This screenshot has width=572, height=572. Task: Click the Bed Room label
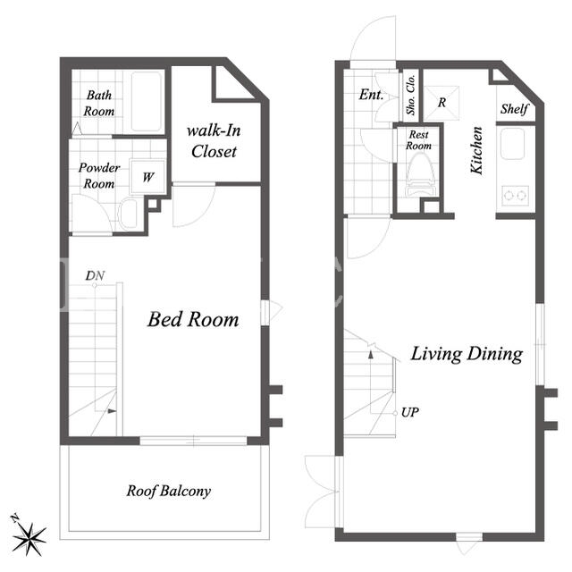tap(193, 320)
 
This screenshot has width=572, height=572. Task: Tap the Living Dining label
tap(467, 354)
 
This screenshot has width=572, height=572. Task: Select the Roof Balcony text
tap(169, 491)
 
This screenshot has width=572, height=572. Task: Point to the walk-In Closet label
tap(214, 141)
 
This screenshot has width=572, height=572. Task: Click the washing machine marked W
tap(147, 177)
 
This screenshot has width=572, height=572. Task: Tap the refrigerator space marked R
tap(442, 103)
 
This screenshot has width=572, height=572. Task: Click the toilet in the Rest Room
tap(420, 175)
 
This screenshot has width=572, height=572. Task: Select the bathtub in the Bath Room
tap(146, 101)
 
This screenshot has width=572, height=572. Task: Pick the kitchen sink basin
tap(512, 144)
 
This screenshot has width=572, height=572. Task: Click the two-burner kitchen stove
tap(515, 196)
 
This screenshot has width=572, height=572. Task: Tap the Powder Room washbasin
tap(128, 214)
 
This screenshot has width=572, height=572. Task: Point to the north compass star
tap(29, 539)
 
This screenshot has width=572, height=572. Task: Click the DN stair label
tap(95, 276)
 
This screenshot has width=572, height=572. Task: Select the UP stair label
tap(409, 413)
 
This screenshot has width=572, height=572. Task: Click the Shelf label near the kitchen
tap(515, 108)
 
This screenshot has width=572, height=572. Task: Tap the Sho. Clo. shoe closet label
tap(411, 95)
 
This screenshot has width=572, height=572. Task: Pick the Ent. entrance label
tap(371, 95)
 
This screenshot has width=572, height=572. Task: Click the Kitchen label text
tap(476, 150)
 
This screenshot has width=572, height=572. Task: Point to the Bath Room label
tap(99, 104)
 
